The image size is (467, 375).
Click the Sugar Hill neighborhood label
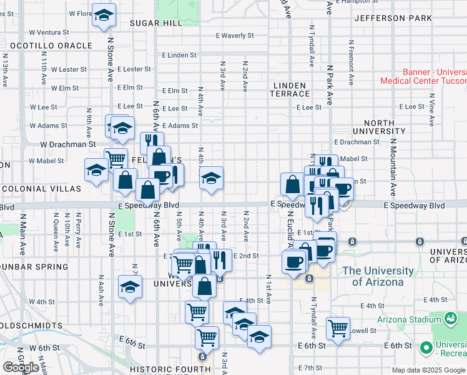[x=155, y=22]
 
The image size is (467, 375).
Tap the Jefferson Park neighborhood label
[x=393, y=18]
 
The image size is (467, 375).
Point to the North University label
[x=378, y=127]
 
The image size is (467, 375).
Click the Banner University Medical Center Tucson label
[x=424, y=76]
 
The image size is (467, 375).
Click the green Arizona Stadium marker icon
[x=450, y=319]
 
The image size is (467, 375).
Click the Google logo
[x=21, y=367]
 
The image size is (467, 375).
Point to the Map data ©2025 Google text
[x=428, y=370]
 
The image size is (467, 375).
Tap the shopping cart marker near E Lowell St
[x=338, y=326]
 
